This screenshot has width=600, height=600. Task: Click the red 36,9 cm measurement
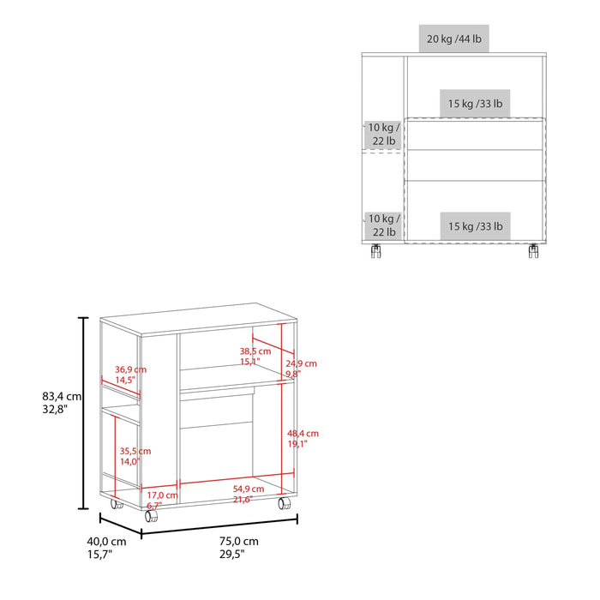click(x=130, y=369)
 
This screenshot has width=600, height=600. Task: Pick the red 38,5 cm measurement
click(x=255, y=351)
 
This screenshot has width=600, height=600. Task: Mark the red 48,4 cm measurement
click(x=303, y=434)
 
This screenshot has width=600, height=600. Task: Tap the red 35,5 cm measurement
click(x=135, y=451)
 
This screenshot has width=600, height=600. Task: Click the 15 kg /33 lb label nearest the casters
click(x=475, y=226)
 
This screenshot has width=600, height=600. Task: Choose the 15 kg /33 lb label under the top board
click(x=475, y=105)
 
